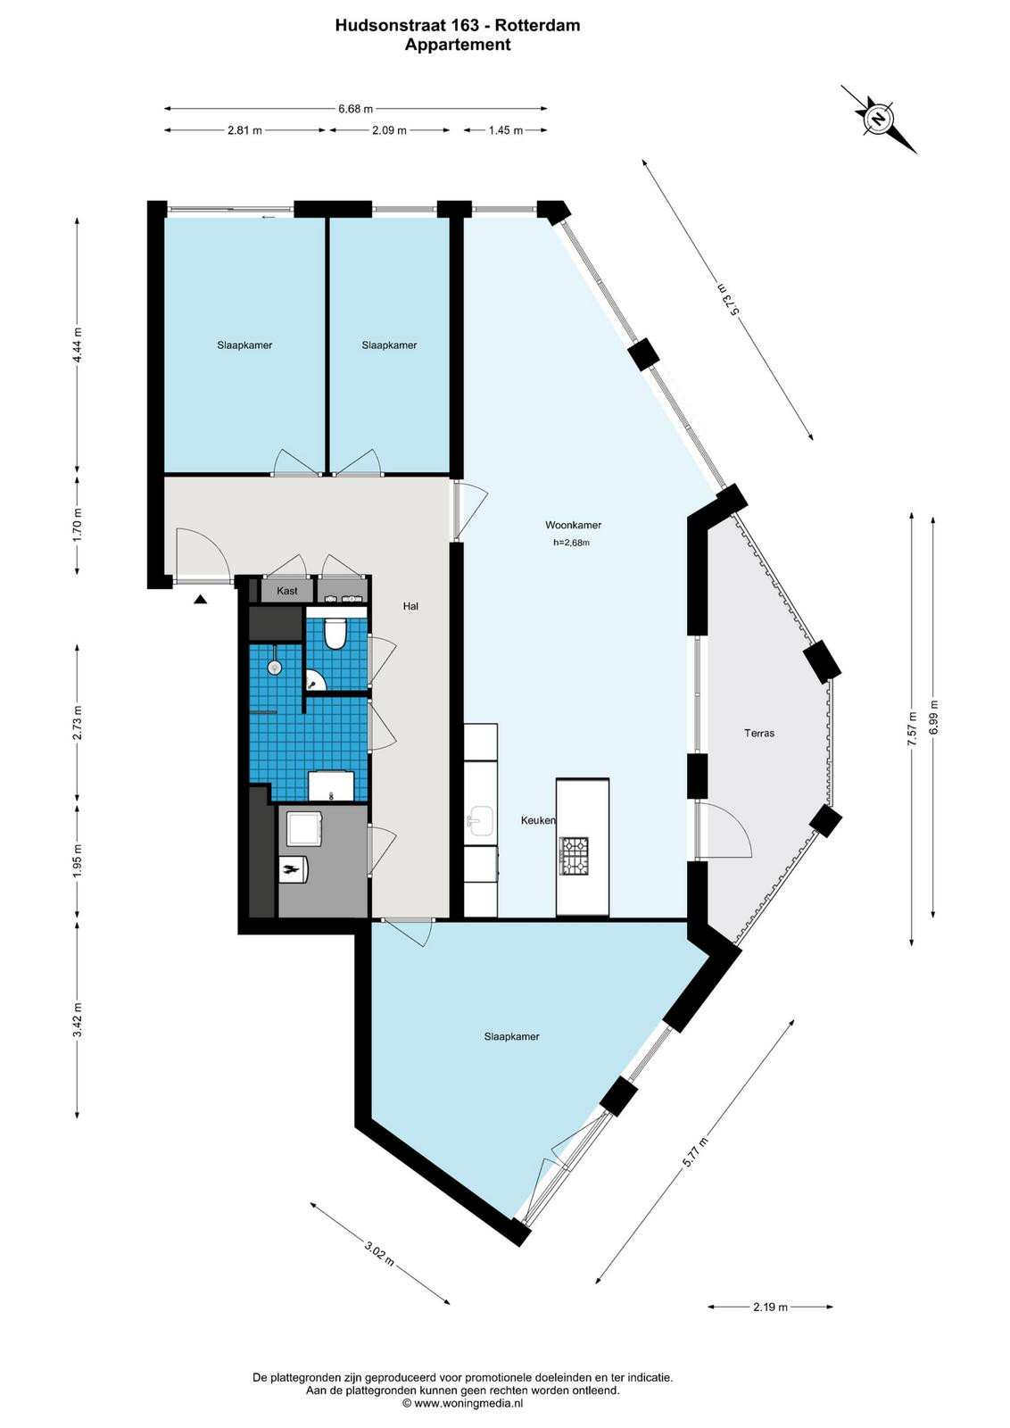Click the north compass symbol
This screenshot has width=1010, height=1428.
coord(879,120)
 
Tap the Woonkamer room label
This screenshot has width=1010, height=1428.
coord(573,526)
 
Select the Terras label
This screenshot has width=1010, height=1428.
coord(759,733)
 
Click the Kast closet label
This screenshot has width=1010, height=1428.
coord(286,591)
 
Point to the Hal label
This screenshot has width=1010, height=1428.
coord(410,606)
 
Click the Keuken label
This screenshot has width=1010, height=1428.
coord(538,820)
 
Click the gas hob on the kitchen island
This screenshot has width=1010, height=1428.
coord(574,856)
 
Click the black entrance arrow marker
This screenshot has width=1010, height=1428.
coord(200,599)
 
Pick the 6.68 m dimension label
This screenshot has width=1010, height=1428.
coord(356,109)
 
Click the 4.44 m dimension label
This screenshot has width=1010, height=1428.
coord(78,345)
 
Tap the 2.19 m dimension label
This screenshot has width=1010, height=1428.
coord(770,1307)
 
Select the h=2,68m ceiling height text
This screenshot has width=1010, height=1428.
coord(571,544)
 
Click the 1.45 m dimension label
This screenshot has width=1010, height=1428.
coord(505,130)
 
